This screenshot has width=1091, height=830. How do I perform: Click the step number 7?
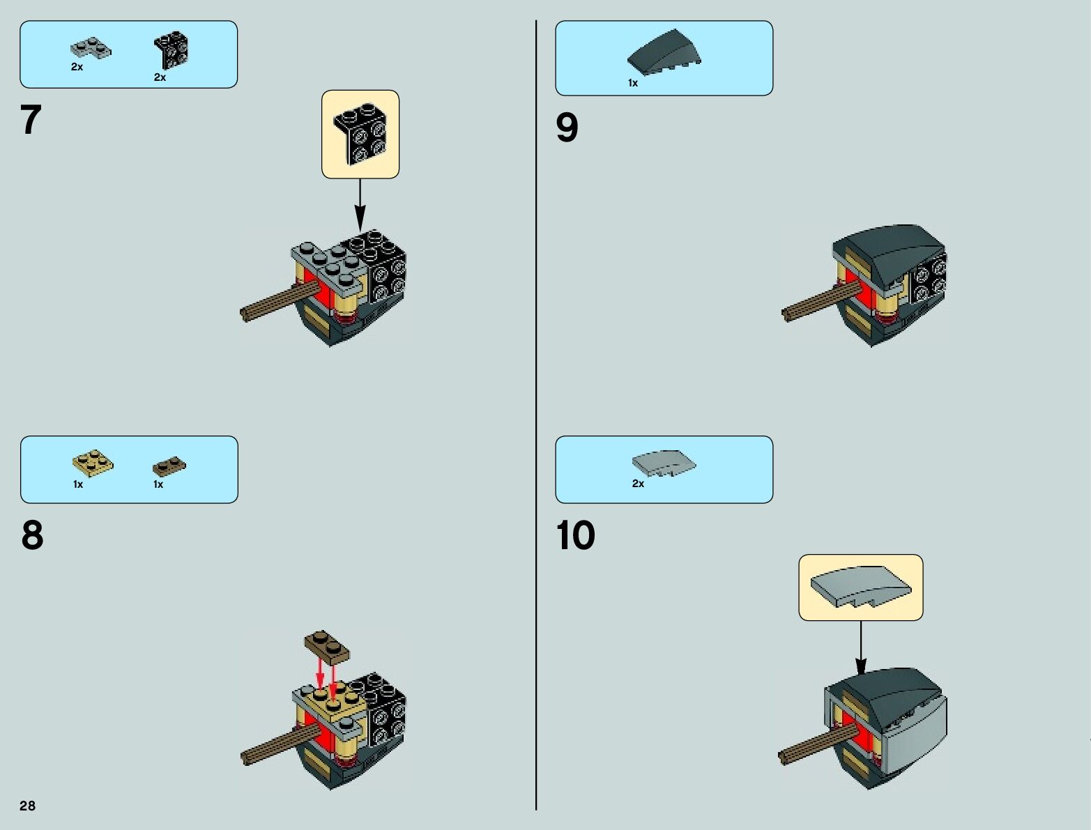click(x=31, y=120)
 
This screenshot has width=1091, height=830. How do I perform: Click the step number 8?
click(x=32, y=535)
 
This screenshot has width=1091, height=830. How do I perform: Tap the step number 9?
click(x=567, y=128)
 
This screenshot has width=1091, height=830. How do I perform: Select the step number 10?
click(x=575, y=535)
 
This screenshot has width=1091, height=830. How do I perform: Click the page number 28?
click(x=27, y=806)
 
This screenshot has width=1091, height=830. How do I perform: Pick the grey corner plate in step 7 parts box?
click(x=90, y=49)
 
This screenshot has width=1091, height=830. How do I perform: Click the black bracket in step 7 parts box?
click(x=171, y=50)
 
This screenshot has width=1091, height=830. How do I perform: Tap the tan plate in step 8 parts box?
click(x=93, y=463)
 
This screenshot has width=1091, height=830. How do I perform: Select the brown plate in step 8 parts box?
click(x=169, y=466)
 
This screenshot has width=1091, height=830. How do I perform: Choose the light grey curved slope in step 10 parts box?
click(x=664, y=463)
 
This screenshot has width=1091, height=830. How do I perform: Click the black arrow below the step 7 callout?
click(x=360, y=205)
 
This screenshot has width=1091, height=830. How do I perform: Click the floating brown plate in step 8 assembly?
click(x=327, y=646)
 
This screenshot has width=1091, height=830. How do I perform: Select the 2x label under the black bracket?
click(x=160, y=77)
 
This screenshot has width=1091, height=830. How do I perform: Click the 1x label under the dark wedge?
click(x=633, y=83)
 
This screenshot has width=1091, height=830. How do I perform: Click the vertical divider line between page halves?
click(x=536, y=418)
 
